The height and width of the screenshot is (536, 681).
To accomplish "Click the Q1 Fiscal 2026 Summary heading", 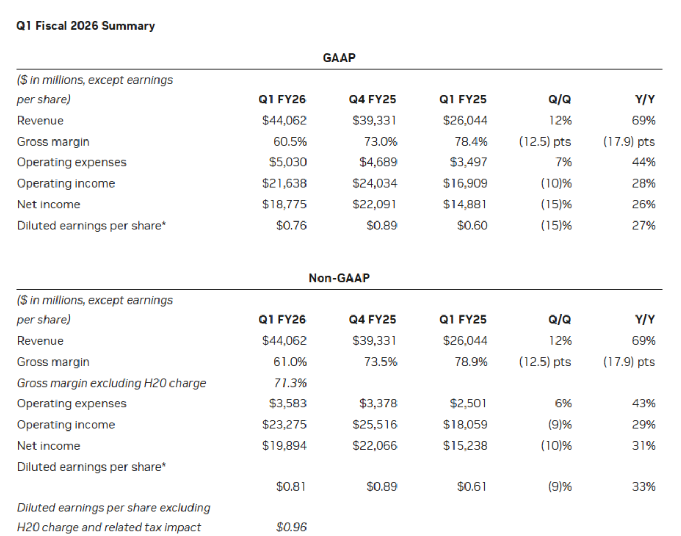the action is coord(85,26).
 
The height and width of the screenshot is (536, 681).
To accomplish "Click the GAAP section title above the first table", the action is coord(339,58).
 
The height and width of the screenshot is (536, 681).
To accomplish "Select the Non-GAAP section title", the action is coord(339,278).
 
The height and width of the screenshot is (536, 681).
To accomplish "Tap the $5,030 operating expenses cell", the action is coord(288,162).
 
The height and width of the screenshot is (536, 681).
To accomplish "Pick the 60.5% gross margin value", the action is coord(290,142).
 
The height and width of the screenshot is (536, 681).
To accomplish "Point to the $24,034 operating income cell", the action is coord(374,183).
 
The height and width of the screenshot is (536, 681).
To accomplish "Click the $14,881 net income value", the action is coord(464,204).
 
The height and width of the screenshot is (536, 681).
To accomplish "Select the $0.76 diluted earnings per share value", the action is coord(291,226).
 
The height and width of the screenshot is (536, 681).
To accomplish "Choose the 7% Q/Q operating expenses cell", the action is coord(563,162).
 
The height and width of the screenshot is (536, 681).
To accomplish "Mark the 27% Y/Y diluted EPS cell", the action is coord(644,226).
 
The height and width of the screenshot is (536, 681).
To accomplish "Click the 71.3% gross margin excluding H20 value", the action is coord(290,383).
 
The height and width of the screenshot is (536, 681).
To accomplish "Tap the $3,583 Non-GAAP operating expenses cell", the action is coord(288,404).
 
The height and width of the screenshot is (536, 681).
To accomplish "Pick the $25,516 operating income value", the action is coord(374,425).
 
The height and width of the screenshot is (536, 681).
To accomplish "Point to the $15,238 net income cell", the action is coord(465,446).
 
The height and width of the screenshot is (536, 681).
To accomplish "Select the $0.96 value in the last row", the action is coord(291,527).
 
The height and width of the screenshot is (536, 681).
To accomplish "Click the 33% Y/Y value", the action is coord(644,486).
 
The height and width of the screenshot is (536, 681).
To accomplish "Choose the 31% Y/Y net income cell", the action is coord(644,446).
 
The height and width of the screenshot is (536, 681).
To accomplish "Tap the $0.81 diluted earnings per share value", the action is coord(291,486).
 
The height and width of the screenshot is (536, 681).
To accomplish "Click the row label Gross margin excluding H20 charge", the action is coord(111,383).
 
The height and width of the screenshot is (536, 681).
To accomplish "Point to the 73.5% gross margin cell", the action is coord(380,362).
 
